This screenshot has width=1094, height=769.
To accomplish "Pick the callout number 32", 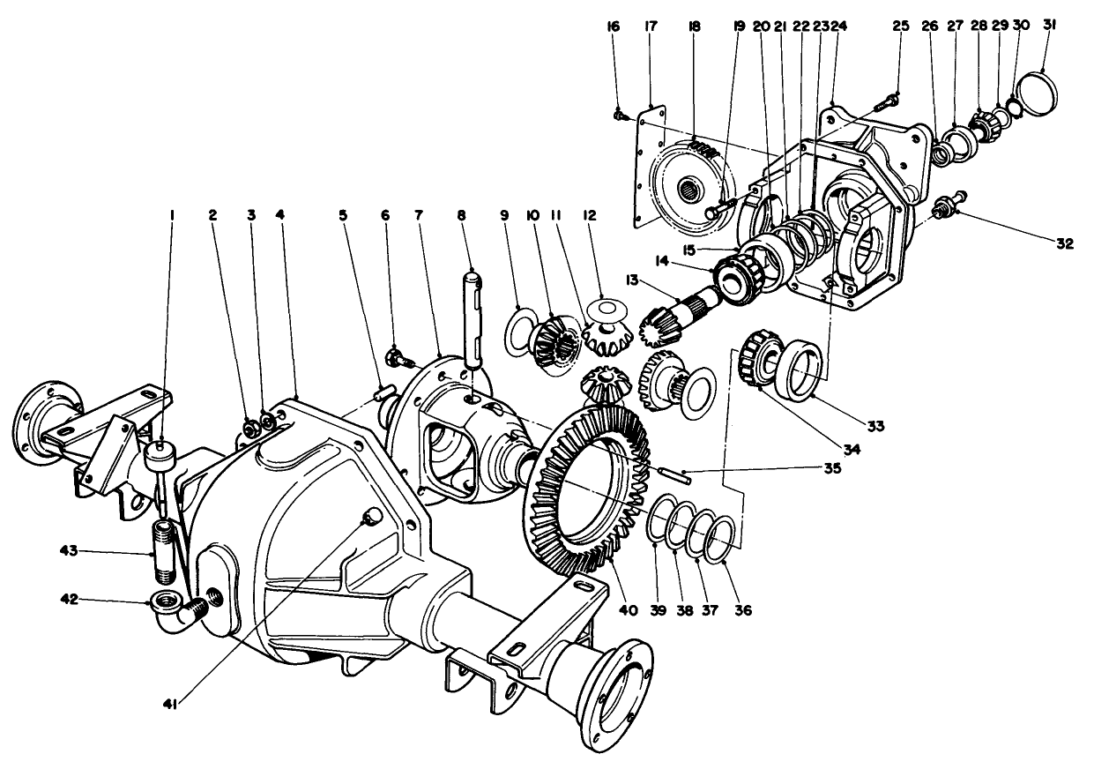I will click(1064, 245).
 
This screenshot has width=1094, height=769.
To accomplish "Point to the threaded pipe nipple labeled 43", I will click(164, 552).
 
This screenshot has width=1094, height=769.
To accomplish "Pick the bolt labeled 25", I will click(886, 104).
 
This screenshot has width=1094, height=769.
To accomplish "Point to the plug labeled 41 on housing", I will click(371, 515).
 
